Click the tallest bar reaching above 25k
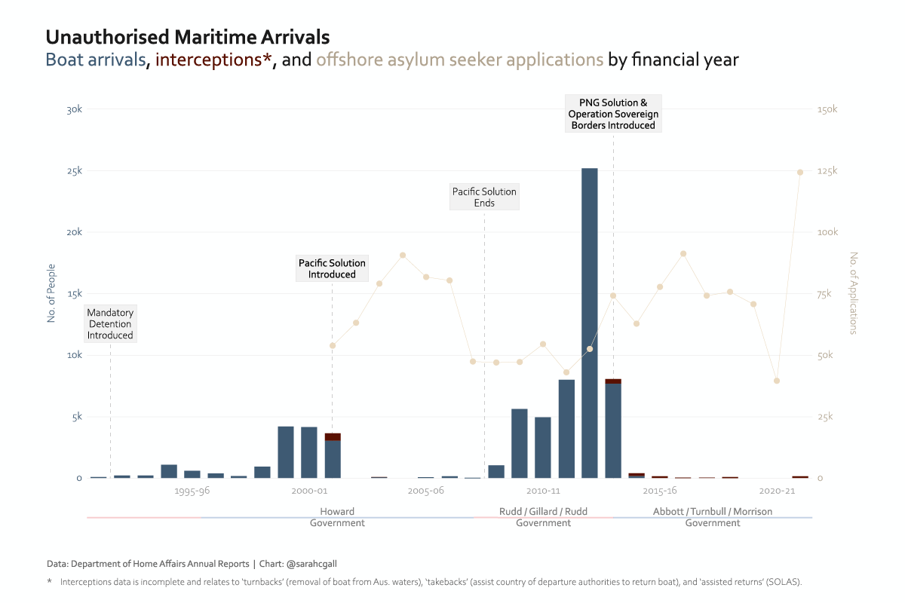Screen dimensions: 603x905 click(x=589, y=324)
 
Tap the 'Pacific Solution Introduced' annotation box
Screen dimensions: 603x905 click(x=332, y=268)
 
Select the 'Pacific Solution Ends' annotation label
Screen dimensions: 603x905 click(x=484, y=197)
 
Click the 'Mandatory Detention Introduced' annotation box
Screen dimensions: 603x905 click(x=110, y=323)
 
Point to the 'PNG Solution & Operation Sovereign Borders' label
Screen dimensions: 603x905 click(x=613, y=114)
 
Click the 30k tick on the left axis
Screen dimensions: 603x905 click(x=74, y=109)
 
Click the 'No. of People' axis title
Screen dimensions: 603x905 click(x=51, y=293)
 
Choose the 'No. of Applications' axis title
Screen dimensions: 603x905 click(x=854, y=293)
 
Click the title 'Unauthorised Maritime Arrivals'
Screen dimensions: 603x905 click(x=188, y=37)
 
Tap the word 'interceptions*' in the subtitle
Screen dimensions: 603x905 click(x=213, y=60)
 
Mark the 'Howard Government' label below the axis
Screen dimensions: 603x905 click(x=337, y=517)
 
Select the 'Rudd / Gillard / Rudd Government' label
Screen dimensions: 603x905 click(x=543, y=517)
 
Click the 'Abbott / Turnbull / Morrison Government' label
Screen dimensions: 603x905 click(x=712, y=517)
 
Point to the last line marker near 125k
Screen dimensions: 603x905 click(x=800, y=172)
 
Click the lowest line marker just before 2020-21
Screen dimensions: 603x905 click(x=777, y=381)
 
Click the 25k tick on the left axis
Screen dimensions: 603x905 click(x=74, y=171)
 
